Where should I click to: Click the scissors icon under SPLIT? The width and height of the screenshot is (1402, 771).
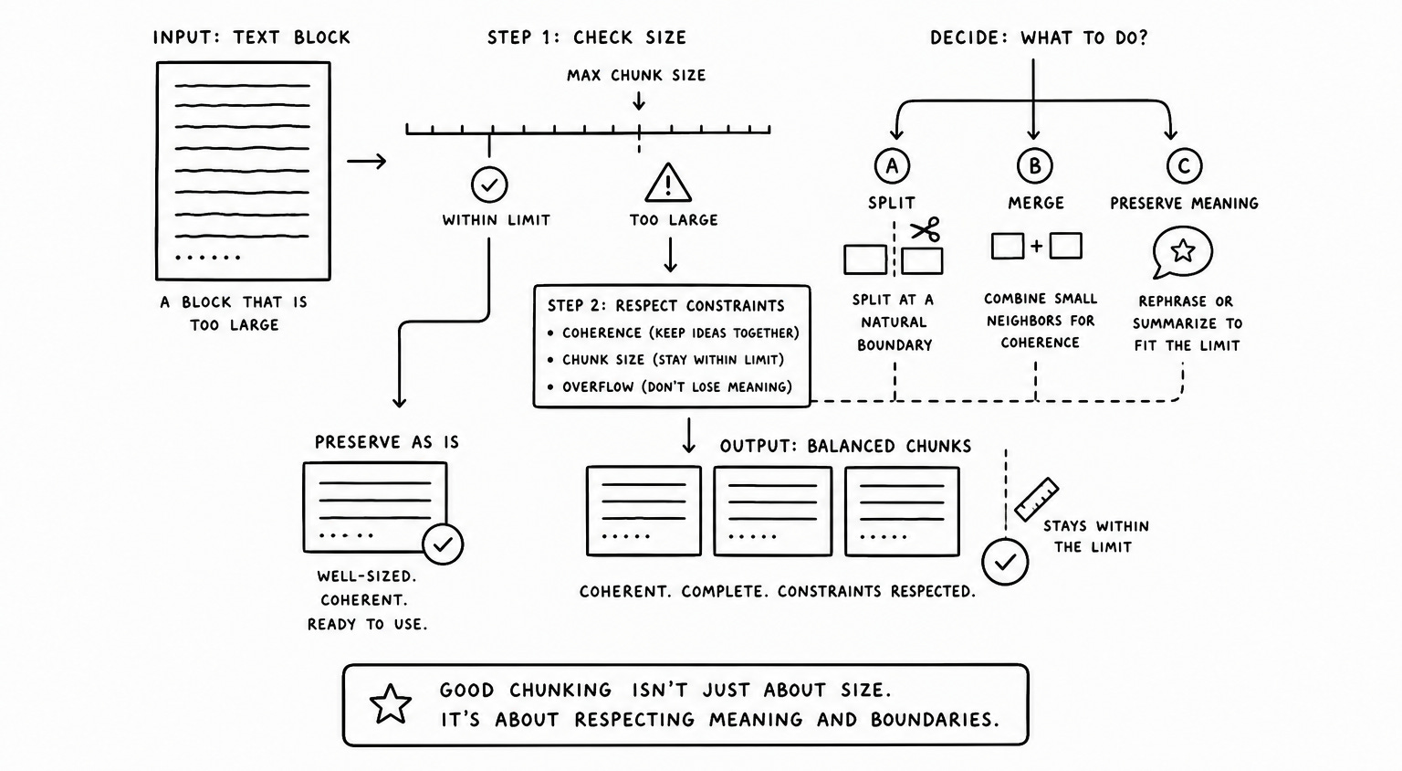coord(926,229)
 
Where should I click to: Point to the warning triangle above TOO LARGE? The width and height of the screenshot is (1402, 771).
coord(668,183)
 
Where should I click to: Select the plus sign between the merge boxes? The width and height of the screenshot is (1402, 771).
coord(1037,246)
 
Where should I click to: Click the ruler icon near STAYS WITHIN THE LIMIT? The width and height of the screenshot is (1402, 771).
coord(1037,499)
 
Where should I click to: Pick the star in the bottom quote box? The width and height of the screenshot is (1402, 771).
coord(391,704)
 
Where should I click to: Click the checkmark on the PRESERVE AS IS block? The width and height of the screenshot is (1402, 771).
coord(443,544)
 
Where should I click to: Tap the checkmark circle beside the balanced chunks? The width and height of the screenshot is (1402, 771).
coord(1005,562)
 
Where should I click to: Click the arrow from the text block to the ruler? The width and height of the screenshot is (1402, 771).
coord(367,162)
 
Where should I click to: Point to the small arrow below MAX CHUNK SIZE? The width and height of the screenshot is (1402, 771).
coord(638,101)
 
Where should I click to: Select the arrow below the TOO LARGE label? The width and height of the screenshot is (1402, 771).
coord(670,255)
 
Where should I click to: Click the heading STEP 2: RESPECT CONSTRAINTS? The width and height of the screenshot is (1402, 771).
coord(666,306)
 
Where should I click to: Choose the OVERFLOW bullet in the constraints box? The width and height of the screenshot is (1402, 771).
coord(670,387)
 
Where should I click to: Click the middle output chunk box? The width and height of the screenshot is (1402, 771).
coord(773,512)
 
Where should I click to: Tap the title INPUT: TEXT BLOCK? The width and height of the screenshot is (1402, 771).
coord(252,37)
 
